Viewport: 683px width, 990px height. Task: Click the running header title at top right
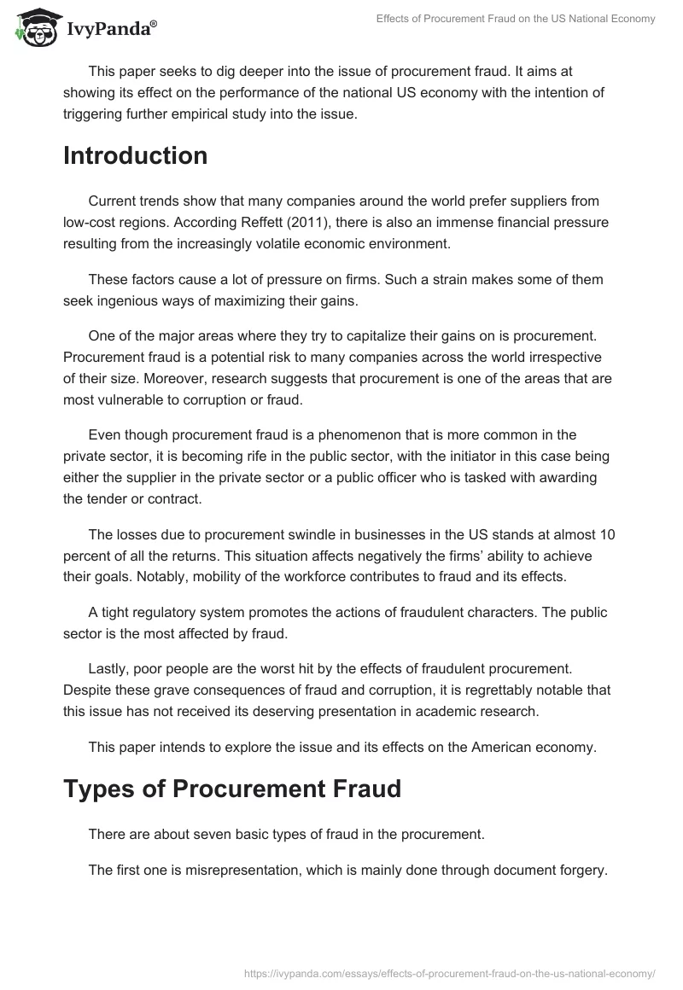516,20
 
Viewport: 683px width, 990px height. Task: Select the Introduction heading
135,156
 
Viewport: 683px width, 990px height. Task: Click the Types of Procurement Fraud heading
232,789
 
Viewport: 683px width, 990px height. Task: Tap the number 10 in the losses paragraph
609,535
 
